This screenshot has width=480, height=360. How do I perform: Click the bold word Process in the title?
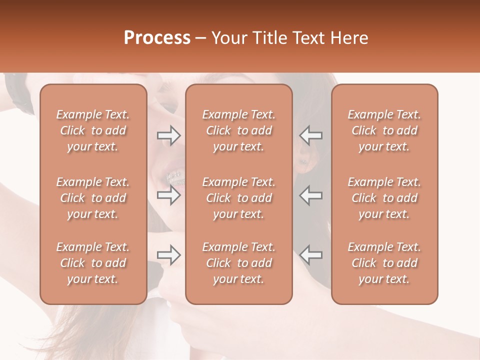[157, 38]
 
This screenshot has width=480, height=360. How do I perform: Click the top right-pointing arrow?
[169, 135]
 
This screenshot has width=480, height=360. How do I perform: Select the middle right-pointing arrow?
[169, 195]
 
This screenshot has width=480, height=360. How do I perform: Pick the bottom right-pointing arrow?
[169, 255]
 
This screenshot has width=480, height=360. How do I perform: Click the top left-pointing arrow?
[310, 135]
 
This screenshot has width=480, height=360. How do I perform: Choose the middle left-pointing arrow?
[310, 195]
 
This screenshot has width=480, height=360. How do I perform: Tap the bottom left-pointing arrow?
[310, 255]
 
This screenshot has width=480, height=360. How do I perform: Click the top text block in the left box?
[93, 130]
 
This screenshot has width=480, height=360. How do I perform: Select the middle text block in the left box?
[93, 198]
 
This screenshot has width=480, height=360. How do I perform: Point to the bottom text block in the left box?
[93, 263]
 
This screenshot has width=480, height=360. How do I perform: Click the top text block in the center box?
[238, 130]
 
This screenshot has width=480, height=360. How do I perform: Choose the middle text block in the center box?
[238, 198]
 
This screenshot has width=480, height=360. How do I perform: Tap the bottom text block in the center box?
[238, 263]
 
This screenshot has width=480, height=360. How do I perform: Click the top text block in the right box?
[384, 130]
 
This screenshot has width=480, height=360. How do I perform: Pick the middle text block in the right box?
[384, 198]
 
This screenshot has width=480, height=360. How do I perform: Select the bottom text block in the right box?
[384, 263]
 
